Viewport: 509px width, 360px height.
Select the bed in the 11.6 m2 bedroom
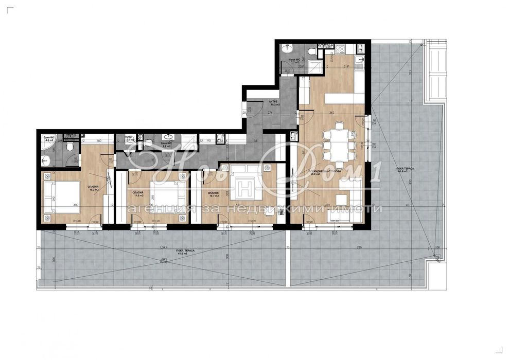pos(166,197)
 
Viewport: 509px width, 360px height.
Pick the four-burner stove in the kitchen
pos(340,50)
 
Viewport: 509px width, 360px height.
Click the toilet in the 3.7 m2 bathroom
pos(312,51)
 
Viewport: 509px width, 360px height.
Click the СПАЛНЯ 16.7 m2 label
pos(213,194)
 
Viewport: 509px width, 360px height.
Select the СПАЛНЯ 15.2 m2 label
pos(94,188)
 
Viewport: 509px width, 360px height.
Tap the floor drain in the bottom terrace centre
pos(164,260)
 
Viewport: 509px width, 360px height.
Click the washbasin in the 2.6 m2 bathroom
pos(167,137)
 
